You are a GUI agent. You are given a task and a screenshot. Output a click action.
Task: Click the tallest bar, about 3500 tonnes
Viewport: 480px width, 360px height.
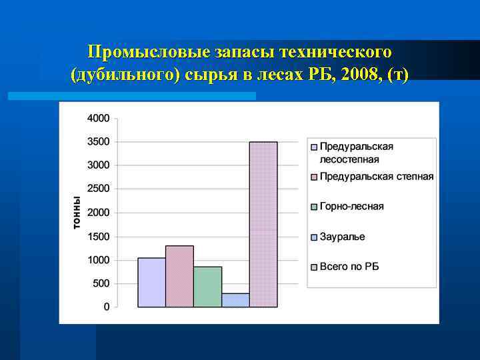pos(263,224)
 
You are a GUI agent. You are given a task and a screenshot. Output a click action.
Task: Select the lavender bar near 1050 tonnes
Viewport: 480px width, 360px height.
pos(151,283)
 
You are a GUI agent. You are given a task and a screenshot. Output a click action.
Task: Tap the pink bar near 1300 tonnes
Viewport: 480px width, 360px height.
pos(179,277)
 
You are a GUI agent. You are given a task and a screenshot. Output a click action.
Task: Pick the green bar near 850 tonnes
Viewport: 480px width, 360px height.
pos(207,287)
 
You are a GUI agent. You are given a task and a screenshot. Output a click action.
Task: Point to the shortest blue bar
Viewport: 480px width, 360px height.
pos(235,300)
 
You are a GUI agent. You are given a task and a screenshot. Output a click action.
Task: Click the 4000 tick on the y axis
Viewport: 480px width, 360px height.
pos(99,118)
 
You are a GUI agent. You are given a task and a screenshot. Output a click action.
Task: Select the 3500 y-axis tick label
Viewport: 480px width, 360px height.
pos(99,141)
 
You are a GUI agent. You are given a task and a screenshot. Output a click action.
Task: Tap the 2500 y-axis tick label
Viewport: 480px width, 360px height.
pos(99,189)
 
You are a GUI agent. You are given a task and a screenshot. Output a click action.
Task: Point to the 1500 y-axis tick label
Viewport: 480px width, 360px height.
pos(99,236)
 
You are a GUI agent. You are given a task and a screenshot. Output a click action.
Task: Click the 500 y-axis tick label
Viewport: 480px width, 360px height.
pos(101,283)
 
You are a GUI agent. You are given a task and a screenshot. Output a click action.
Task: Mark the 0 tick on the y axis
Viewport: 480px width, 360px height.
pos(107,307)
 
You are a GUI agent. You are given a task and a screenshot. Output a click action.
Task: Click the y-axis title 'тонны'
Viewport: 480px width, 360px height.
pos(77,213)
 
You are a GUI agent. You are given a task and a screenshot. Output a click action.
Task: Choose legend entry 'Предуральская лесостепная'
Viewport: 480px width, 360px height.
pos(356,153)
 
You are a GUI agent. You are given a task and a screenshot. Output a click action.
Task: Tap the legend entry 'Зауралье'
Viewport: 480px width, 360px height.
pos(342,237)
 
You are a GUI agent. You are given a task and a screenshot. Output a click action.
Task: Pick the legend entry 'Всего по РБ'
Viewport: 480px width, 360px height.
pos(349,267)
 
